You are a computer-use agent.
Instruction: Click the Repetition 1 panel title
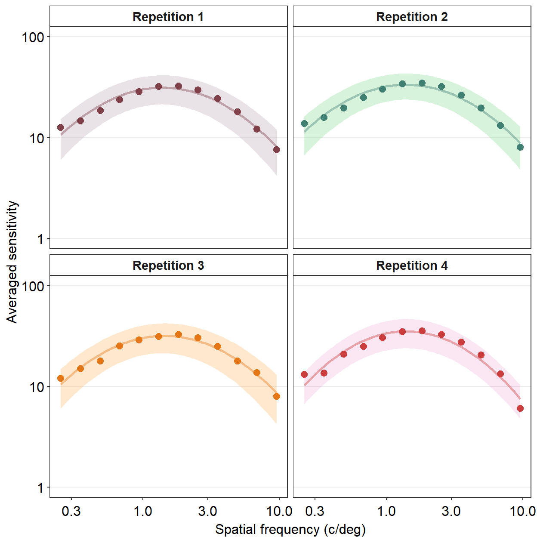coord(168,17)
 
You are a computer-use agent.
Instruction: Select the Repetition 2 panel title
coord(412,17)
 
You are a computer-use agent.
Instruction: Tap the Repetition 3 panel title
coord(168,265)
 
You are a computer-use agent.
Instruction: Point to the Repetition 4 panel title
coord(412,265)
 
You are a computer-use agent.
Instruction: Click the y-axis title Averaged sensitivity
coord(12,262)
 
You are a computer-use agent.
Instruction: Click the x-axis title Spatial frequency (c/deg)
coord(290,529)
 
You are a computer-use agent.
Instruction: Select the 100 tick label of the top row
coord(33,37)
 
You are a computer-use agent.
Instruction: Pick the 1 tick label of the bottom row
coord(40,488)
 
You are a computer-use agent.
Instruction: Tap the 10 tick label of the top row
coord(37,138)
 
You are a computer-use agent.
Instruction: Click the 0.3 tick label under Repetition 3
coord(71,511)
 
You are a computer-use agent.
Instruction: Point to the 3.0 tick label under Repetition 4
coord(451,511)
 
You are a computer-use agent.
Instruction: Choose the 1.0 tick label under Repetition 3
coord(142,511)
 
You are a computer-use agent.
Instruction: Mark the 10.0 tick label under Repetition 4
coord(522,511)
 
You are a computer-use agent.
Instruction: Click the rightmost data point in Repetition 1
coord(277,150)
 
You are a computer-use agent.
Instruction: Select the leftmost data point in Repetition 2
coord(304,123)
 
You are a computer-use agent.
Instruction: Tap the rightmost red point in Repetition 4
coord(520,408)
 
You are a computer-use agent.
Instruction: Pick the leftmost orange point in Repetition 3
coord(61,378)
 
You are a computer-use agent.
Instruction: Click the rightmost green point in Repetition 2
coord(520,147)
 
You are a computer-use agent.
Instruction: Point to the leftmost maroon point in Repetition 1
coord(61,127)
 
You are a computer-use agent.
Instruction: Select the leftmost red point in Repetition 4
coord(304,374)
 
